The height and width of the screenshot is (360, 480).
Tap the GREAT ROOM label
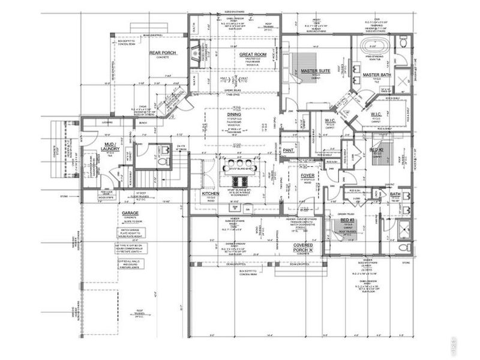(x=253, y=55)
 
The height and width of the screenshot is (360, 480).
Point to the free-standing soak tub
(x=371, y=46)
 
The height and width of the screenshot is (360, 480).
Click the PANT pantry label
(x=289, y=150)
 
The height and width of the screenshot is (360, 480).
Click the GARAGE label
(x=131, y=213)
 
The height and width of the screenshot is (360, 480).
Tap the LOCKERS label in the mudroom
(x=108, y=122)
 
